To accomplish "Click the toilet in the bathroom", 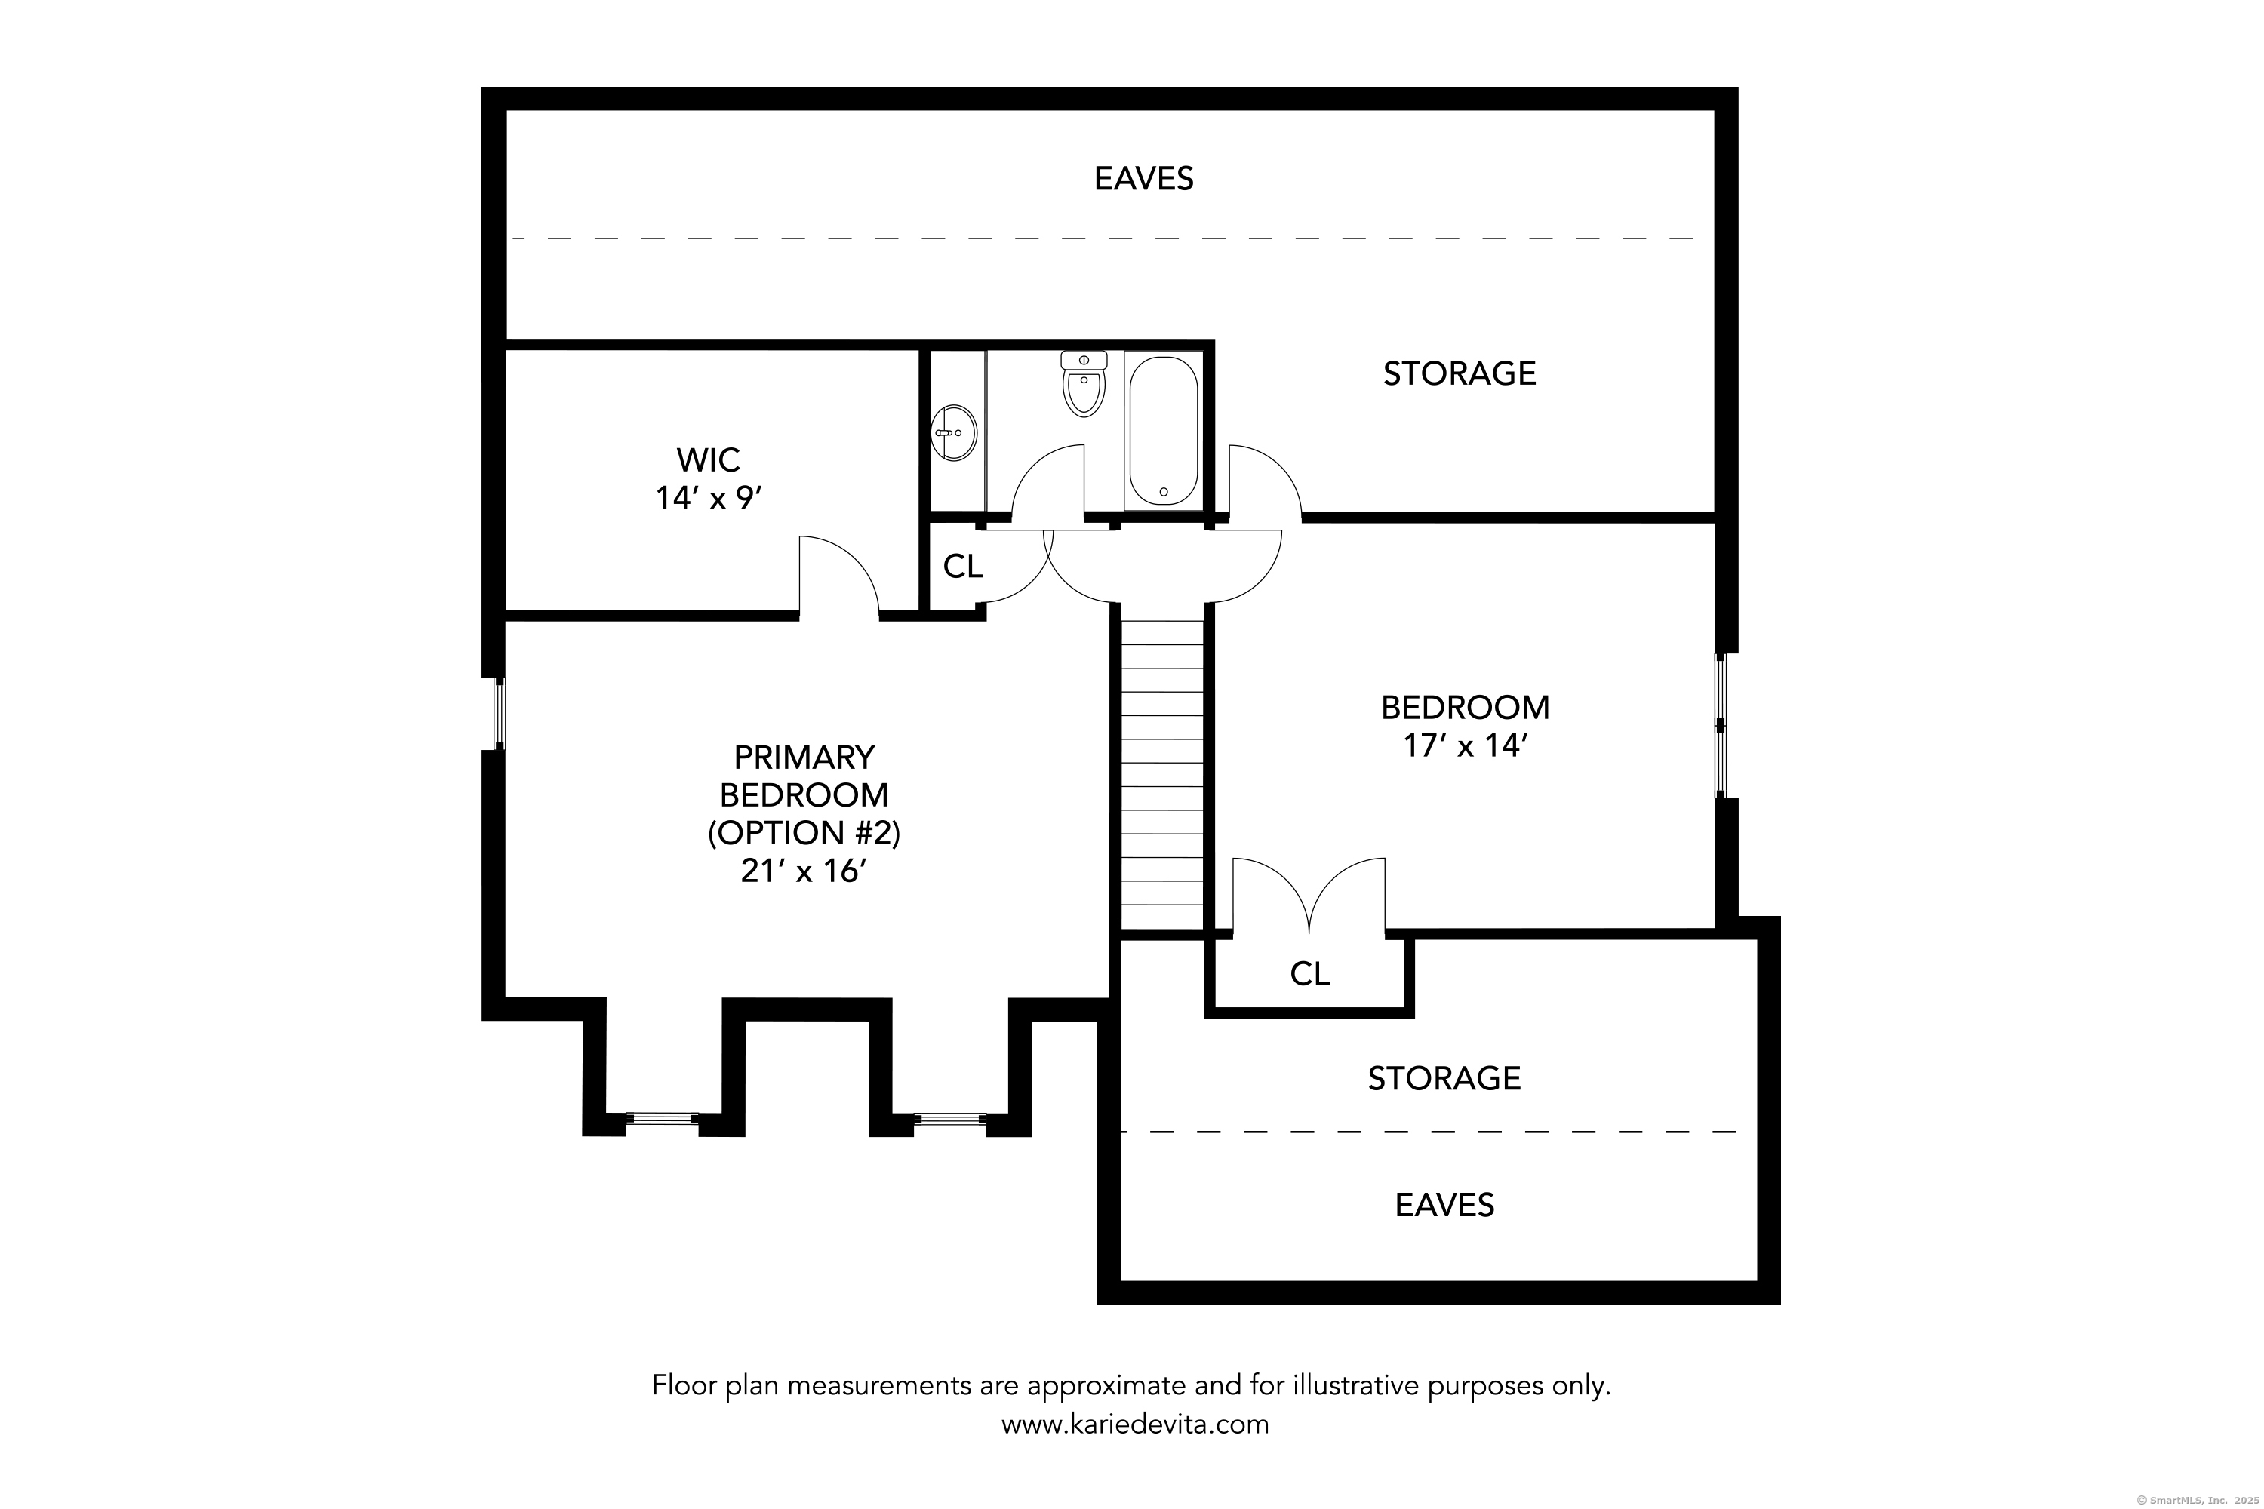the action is (x=1084, y=383).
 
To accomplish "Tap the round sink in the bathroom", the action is (x=954, y=432).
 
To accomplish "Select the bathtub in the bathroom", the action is (x=1164, y=430).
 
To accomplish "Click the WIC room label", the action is (x=709, y=460).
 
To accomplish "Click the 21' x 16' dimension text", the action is (x=804, y=871).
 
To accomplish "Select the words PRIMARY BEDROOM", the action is (x=804, y=776).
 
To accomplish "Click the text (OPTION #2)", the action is (x=804, y=832).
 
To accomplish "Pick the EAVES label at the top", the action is (x=1143, y=179).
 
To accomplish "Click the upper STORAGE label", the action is (x=1460, y=373).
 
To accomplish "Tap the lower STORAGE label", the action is (x=1444, y=1079).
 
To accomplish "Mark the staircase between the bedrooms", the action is (x=1163, y=775).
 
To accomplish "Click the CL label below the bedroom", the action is (x=1309, y=975).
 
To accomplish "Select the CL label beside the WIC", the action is (x=963, y=567).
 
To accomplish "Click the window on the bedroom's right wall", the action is (x=1721, y=727).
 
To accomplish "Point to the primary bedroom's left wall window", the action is (x=500, y=713).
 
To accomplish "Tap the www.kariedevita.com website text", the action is (x=1135, y=1424).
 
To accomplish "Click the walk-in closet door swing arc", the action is (x=851, y=558).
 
